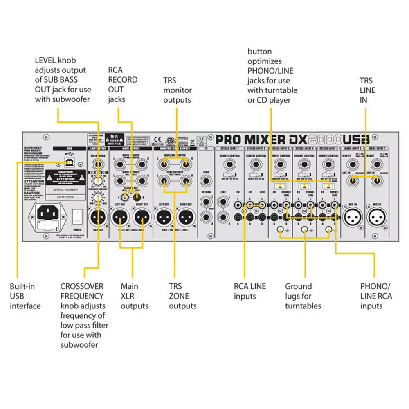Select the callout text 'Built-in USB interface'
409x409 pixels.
pos(25,296)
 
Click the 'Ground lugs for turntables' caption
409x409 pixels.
pos(303,296)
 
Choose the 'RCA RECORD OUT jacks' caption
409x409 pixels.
pos(122,85)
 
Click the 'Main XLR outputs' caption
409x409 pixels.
pos(134,296)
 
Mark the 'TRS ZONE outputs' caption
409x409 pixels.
pos(182,296)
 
